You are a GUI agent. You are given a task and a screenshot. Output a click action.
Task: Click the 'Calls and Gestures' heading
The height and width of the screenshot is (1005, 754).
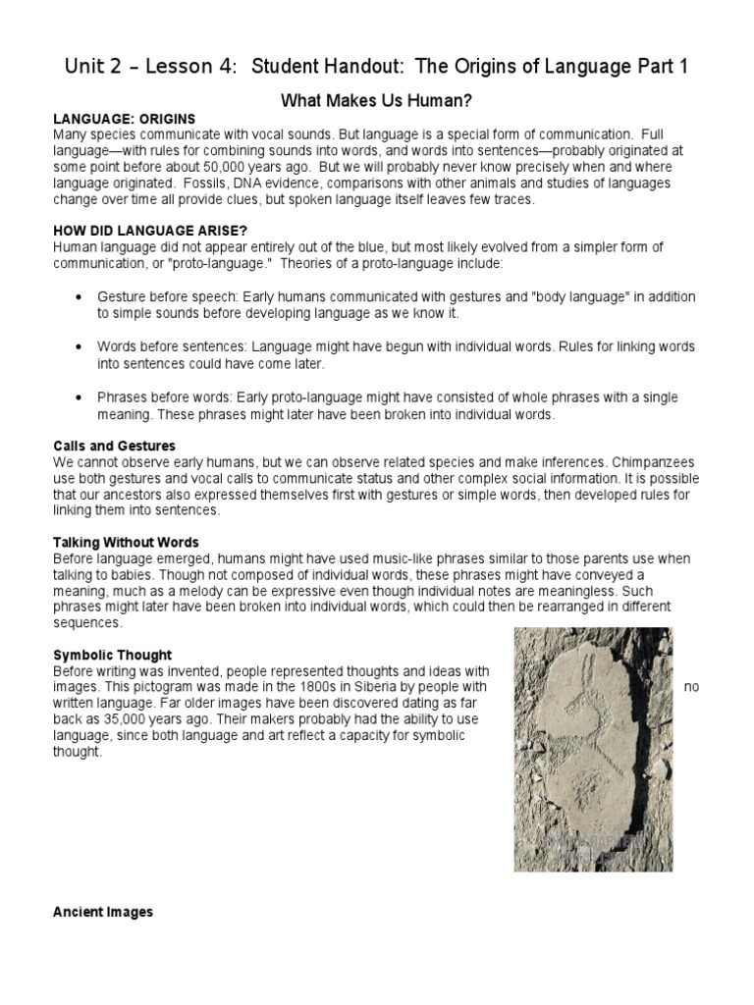tap(114, 446)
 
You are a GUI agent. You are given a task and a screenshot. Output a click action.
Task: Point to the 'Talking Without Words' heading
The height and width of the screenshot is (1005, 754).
tap(126, 542)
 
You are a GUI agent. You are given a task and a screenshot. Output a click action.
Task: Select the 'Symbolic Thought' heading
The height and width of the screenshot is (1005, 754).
tap(112, 655)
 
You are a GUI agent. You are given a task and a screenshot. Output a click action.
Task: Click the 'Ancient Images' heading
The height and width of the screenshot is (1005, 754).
tap(103, 912)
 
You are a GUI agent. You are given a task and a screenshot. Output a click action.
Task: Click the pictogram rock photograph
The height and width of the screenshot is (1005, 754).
tap(593, 749)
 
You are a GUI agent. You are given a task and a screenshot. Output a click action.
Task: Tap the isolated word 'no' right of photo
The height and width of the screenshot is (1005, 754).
tap(691, 687)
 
